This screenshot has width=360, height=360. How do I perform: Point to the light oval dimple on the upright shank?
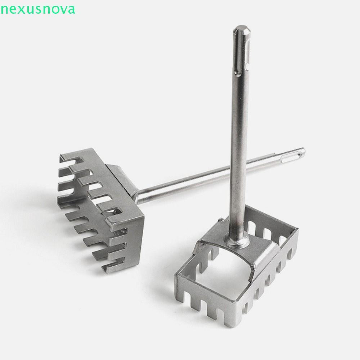click(247, 66)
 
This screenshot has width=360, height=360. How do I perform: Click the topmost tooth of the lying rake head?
click(65, 156)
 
